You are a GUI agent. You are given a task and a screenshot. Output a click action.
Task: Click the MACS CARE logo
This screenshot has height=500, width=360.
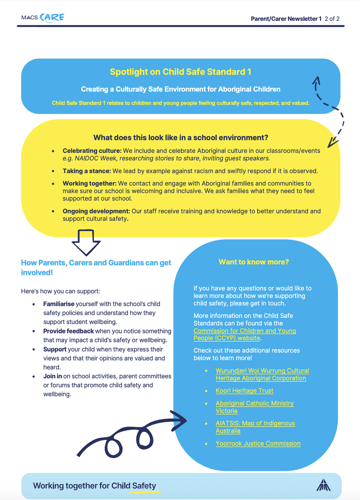point(42,18)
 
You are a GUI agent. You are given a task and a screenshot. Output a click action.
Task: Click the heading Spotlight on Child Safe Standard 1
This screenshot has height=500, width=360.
point(180,72)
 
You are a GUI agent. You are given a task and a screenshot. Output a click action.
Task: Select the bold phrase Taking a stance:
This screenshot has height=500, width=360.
point(86,171)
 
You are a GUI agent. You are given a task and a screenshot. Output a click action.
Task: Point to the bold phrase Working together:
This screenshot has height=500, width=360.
point(90,183)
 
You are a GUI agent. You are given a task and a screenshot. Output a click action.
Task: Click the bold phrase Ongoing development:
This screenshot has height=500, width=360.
point(96,211)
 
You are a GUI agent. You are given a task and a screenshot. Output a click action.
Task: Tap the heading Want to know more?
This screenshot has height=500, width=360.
point(254,262)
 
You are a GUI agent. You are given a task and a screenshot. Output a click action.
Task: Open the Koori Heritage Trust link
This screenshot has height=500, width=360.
point(244,391)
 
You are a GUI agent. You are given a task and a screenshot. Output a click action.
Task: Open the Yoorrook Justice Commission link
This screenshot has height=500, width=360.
point(258,444)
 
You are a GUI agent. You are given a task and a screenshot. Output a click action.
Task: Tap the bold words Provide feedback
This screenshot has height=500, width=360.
point(68,331)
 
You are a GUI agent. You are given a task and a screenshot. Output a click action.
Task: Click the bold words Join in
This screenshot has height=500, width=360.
point(53,376)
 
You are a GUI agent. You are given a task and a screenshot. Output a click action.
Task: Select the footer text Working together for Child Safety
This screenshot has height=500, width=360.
point(94,486)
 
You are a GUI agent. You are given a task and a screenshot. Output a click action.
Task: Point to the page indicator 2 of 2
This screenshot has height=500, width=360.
point(332,19)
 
